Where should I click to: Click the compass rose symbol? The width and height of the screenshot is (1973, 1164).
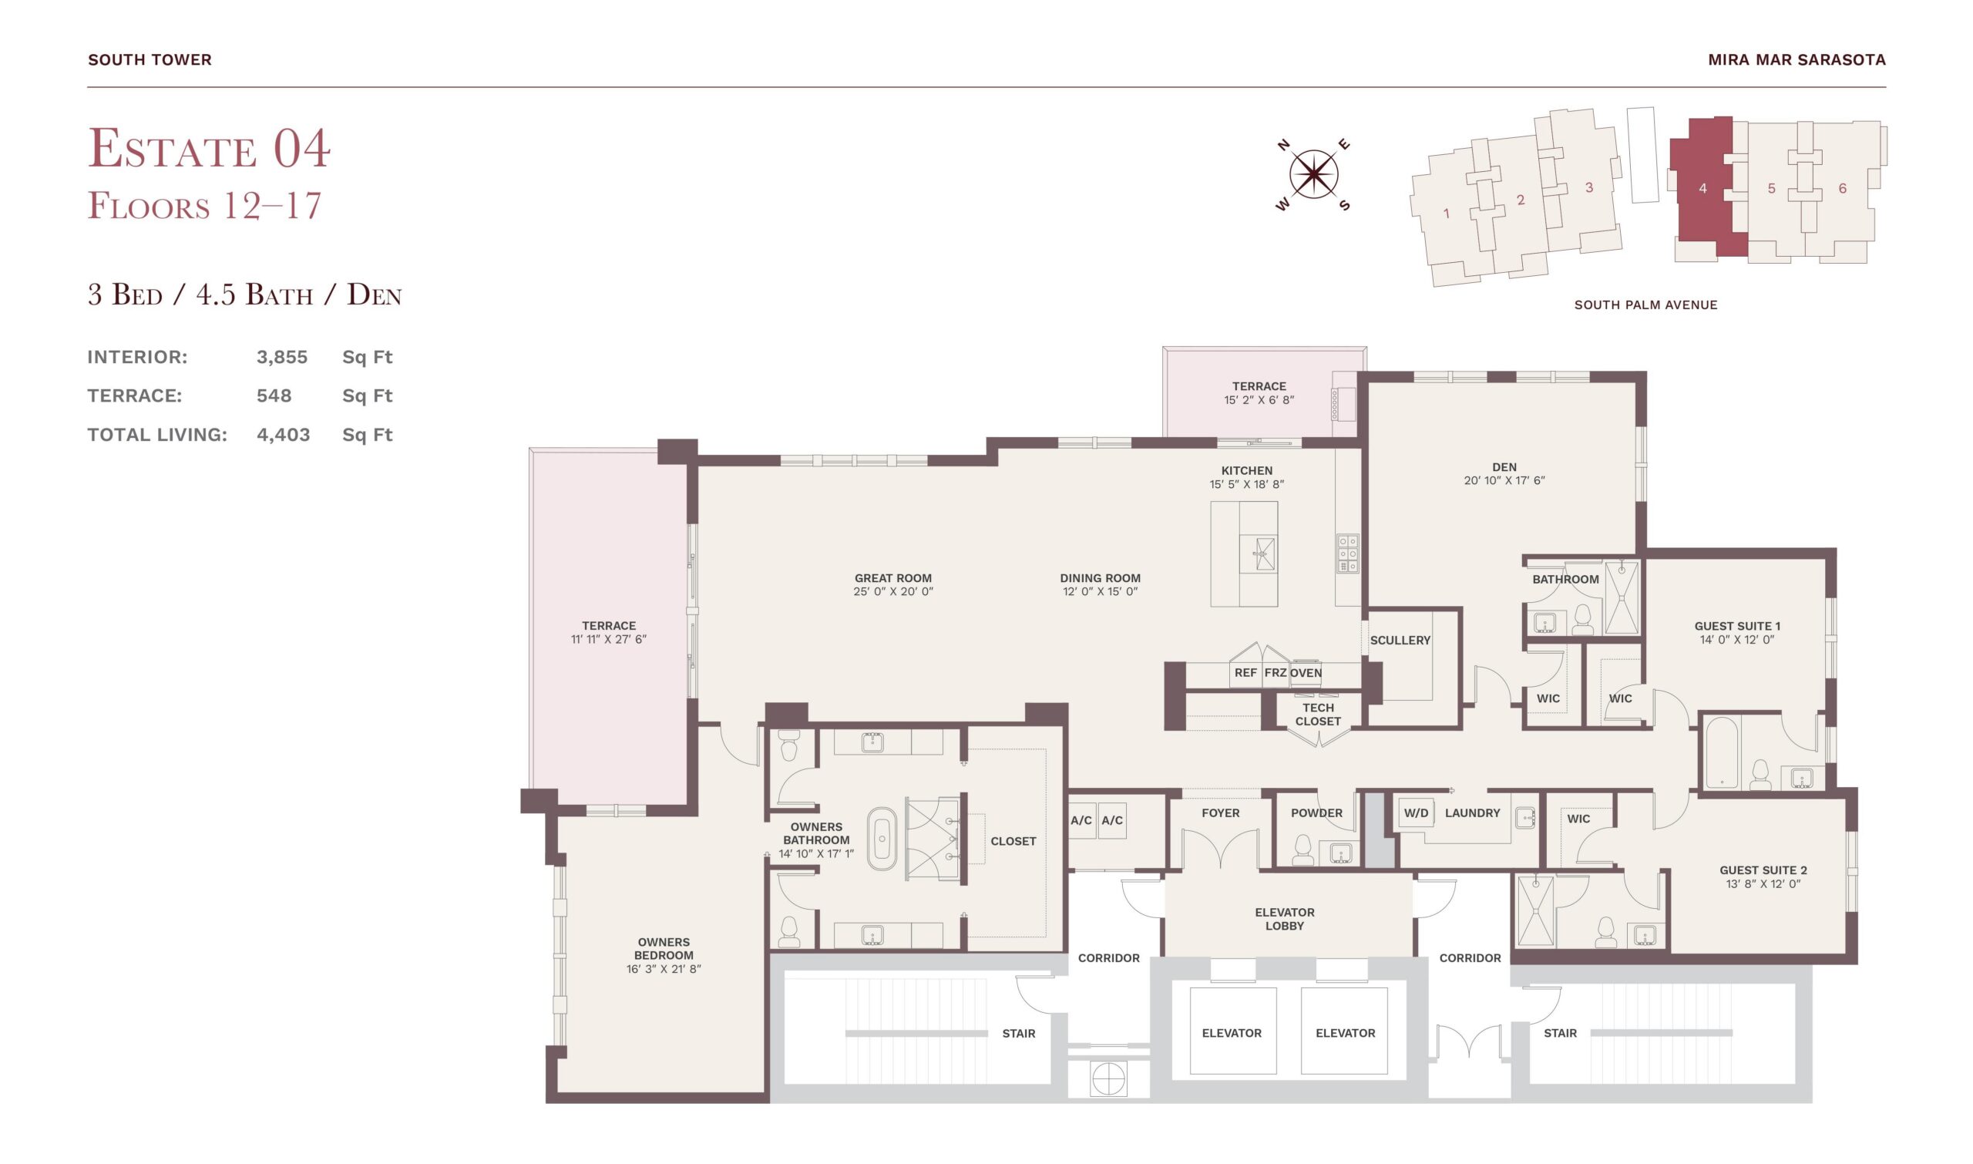1313,174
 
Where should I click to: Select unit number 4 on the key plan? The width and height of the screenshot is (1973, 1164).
1702,188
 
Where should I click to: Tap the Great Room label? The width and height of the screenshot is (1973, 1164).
893,578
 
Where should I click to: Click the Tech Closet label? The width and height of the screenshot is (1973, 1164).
1317,715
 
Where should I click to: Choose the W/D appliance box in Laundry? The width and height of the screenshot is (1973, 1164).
1416,813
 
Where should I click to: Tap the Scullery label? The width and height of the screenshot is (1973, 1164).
1400,640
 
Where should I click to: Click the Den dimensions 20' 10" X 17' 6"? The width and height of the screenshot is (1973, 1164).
1504,481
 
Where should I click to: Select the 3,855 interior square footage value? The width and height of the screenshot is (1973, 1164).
281,357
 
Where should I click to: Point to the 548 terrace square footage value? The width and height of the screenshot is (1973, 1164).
274,395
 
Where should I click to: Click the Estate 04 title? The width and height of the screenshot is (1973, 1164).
210,148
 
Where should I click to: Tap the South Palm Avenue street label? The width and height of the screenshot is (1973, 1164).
1645,305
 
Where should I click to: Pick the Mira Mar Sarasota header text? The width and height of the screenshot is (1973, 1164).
1797,59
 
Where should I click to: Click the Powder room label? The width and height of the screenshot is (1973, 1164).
1316,812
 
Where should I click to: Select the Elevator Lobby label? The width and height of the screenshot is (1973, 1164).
1285,919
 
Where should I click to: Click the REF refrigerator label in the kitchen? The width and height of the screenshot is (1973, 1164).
1245,672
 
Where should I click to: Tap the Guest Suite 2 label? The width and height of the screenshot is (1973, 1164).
1763,870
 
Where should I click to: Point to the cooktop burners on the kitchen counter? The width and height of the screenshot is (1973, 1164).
1347,553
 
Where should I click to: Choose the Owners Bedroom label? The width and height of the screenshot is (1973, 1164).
664,948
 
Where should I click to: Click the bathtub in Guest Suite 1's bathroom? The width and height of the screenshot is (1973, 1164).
1722,752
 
